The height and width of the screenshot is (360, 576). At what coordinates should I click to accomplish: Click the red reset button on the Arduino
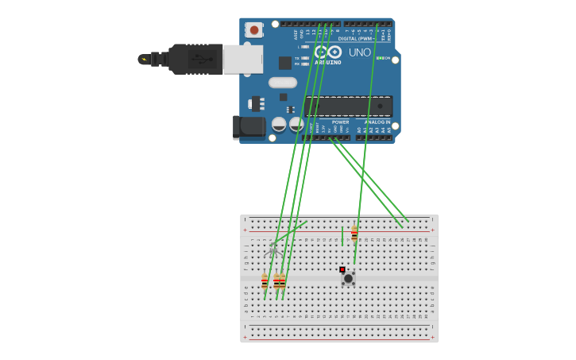[253, 30]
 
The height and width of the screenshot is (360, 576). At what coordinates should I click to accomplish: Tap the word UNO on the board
[359, 52]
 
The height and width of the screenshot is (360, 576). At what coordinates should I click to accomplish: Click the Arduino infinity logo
[328, 52]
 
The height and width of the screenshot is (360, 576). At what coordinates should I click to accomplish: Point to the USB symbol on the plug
[202, 59]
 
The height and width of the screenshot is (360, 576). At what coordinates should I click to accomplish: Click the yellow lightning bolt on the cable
[144, 59]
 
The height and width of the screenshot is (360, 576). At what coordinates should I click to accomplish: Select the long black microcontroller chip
[348, 106]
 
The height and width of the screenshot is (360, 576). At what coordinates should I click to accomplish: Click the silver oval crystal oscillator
[282, 83]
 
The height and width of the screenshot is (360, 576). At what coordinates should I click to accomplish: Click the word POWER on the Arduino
[340, 122]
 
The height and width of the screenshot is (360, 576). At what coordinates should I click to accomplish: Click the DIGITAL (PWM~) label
[354, 38]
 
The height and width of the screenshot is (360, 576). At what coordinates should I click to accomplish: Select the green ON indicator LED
[380, 58]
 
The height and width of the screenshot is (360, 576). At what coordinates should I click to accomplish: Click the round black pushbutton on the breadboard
[348, 278]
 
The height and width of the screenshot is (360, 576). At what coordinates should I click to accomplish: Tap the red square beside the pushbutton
[342, 270]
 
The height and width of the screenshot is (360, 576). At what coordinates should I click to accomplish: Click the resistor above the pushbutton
[354, 234]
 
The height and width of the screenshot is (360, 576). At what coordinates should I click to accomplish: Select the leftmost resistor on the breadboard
[265, 281]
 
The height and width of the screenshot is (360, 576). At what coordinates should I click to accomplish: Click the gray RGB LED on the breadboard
[273, 249]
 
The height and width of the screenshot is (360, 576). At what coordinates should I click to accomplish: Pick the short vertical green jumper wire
[342, 235]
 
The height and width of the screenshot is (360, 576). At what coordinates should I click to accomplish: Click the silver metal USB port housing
[242, 59]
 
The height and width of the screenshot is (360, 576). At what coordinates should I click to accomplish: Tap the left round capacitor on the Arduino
[279, 124]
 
